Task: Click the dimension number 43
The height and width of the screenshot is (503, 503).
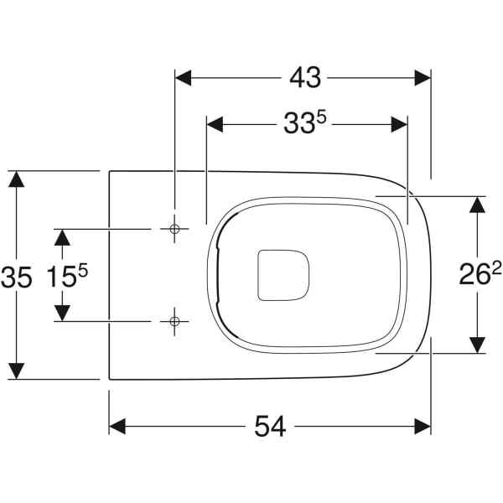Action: pos(305,78)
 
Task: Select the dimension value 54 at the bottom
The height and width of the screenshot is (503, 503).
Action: pos(270,427)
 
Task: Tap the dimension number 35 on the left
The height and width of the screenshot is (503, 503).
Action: pos(17,277)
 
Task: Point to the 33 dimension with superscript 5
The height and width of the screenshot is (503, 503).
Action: pos(305,122)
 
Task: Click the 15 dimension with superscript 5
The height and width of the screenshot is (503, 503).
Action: pos(67,276)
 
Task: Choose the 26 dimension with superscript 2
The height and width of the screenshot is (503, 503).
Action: pos(480,274)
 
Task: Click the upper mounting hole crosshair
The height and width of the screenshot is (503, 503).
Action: pos(174,229)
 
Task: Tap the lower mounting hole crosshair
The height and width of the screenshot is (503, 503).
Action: pos(174,321)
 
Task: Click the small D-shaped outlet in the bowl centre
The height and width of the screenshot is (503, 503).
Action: pos(283,276)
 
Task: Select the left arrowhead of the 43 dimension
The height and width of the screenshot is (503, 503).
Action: pos(183,78)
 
